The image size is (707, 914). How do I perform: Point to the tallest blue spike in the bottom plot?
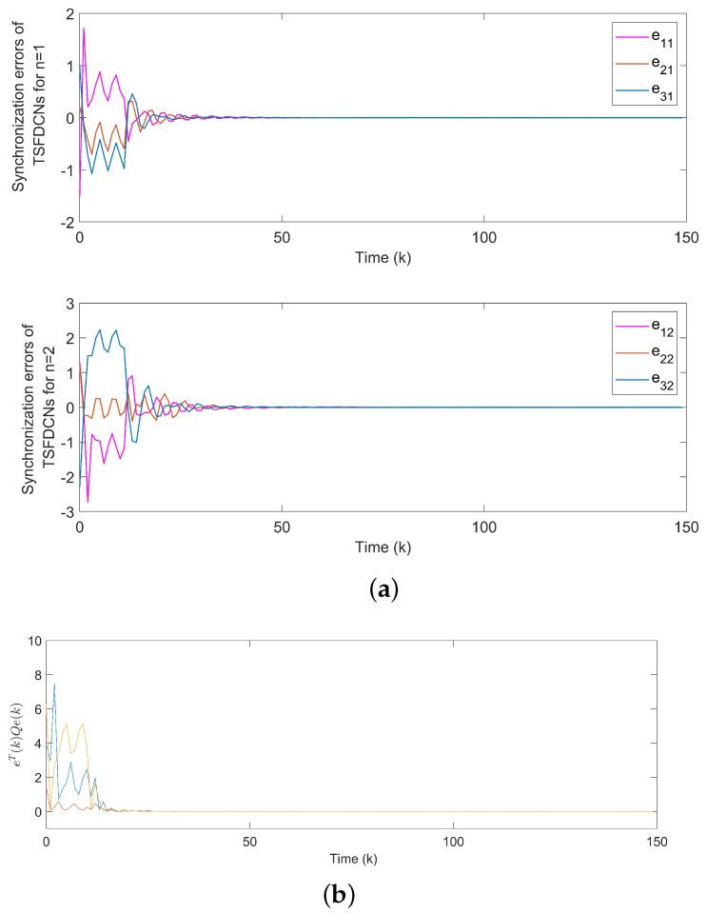[x=54, y=684]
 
